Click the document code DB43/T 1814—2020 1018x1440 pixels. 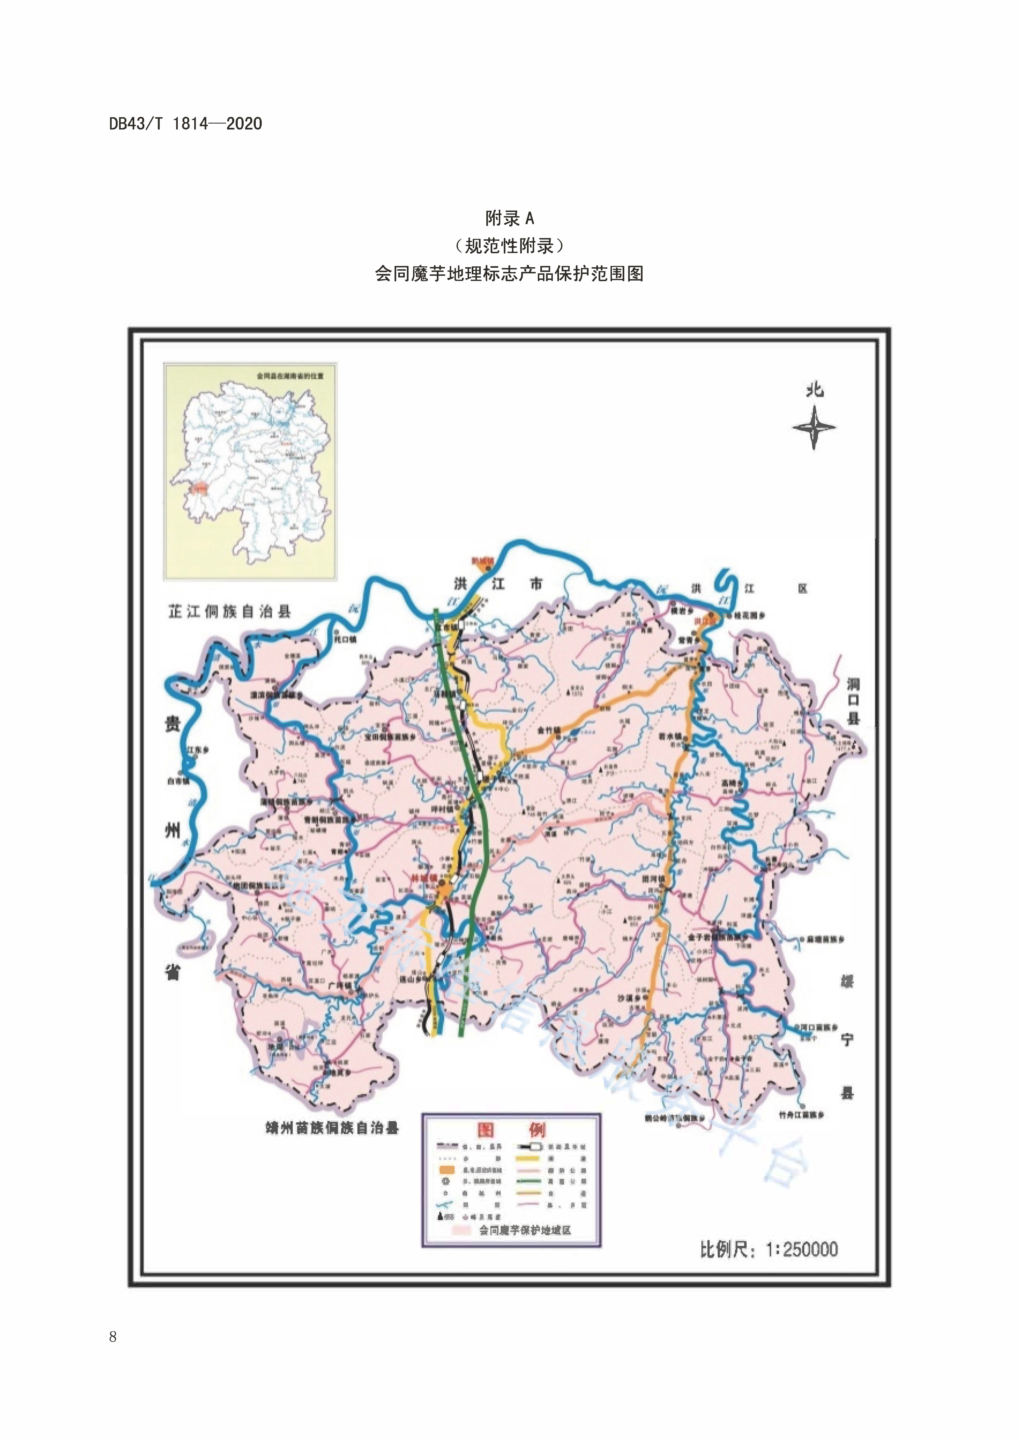click(186, 124)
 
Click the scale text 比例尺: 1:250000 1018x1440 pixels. click(769, 1249)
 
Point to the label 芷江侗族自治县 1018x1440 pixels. click(230, 612)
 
